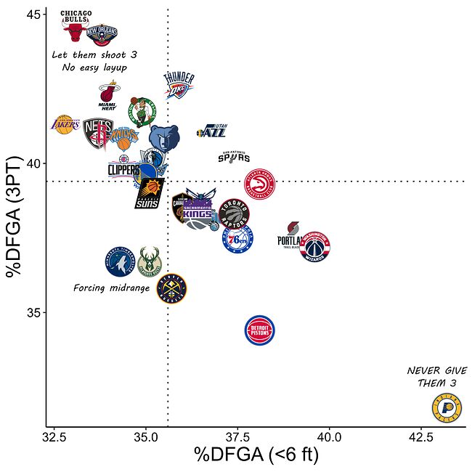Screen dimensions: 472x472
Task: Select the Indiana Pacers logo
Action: pos(447,409)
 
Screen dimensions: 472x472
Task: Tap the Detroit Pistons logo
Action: pos(260,331)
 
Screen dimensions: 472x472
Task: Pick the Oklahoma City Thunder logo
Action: pos(179,86)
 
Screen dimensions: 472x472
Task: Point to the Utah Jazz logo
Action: pos(213,131)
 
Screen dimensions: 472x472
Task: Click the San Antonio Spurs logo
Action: pos(234,157)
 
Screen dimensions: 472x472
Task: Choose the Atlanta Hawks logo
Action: pos(260,184)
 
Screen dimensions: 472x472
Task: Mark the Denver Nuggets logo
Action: pos(172,288)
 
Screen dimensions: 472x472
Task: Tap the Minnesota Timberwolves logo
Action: pos(121,261)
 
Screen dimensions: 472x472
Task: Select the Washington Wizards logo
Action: pos(315,247)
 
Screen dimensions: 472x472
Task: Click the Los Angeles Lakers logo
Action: pos(65,125)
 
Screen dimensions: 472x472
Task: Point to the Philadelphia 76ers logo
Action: pos(237,239)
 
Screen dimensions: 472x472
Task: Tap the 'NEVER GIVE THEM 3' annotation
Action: pos(436,377)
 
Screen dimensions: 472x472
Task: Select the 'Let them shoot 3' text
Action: pos(94,54)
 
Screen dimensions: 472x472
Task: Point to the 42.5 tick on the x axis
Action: pos(421,437)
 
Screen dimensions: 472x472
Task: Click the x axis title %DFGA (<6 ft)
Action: pos(256,456)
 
